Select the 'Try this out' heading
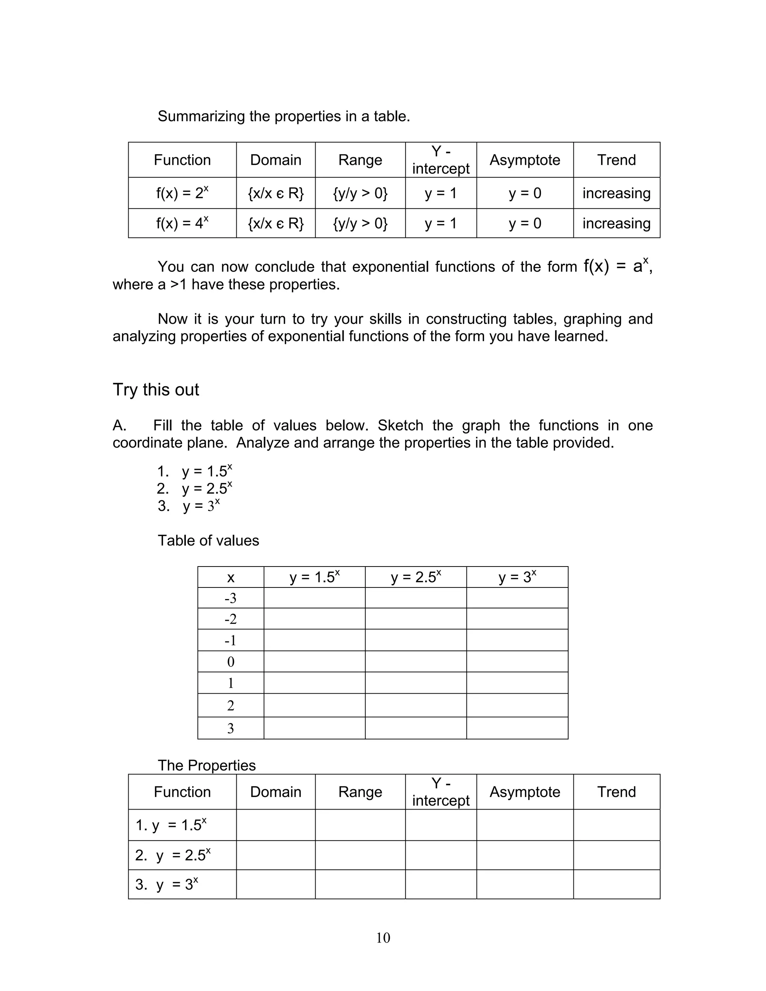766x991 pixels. (x=156, y=390)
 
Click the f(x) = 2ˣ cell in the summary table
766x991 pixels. (x=182, y=193)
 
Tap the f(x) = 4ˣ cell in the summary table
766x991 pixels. (x=182, y=223)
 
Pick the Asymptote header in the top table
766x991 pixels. (x=525, y=160)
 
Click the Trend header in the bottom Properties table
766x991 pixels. (x=616, y=792)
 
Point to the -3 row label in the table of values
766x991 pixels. (x=230, y=598)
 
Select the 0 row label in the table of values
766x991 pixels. (x=230, y=662)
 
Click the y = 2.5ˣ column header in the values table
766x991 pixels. (x=416, y=577)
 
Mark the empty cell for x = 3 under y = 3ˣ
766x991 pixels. (x=517, y=728)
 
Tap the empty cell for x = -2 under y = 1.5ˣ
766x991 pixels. (x=315, y=619)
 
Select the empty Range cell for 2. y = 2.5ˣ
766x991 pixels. (x=360, y=855)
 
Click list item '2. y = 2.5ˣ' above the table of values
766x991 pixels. (x=194, y=489)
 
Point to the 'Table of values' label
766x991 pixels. (x=208, y=540)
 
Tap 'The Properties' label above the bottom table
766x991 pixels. (x=206, y=766)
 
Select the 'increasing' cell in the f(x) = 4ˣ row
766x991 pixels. (x=616, y=223)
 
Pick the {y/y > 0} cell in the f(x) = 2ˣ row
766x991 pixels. (x=360, y=193)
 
